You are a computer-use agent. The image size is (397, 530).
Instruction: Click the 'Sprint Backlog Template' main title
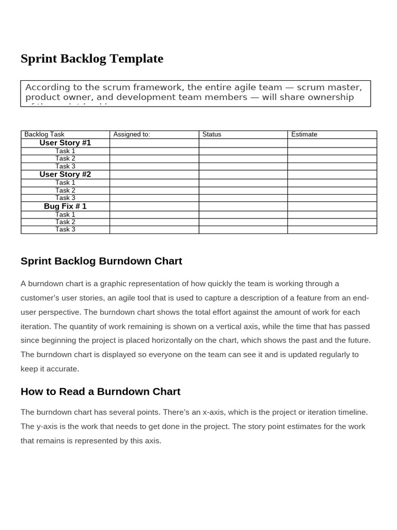coord(92,58)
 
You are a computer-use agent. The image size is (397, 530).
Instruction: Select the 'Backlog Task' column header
coord(44,134)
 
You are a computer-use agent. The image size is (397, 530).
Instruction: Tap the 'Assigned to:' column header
coord(131,134)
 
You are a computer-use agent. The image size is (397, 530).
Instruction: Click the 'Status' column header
coord(211,134)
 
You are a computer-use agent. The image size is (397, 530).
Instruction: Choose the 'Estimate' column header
coord(304,134)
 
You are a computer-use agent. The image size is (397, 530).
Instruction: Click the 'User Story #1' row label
coord(65,143)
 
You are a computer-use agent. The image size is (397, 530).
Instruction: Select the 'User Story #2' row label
coord(65,174)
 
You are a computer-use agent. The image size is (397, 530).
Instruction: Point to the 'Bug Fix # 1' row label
coord(65,206)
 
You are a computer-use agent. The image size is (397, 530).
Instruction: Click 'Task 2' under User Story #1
coord(65,158)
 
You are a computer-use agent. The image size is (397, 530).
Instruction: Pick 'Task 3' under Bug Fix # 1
coord(65,229)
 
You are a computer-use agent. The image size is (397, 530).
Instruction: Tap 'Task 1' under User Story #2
coord(65,183)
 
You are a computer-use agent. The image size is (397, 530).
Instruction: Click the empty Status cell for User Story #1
coord(243,143)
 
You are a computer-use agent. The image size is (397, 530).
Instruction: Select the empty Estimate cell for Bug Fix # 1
coord(332,206)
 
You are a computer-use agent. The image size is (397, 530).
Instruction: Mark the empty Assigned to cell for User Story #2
coord(154,174)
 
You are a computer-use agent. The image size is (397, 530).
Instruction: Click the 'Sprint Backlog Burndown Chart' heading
coord(101,261)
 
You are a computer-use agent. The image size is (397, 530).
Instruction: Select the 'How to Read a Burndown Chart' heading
coord(100,391)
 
